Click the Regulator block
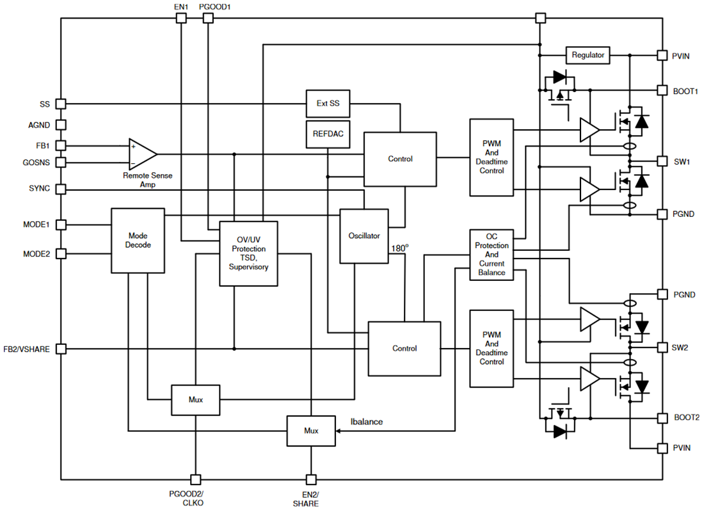pyautogui.click(x=588, y=55)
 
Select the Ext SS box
pyautogui.click(x=328, y=103)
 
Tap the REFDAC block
pyautogui.click(x=328, y=134)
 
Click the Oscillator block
pyautogui.click(x=364, y=235)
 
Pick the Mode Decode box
pyautogui.click(x=138, y=241)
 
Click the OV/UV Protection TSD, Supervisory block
pyautogui.click(x=248, y=253)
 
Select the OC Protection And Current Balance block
pyautogui.click(x=492, y=254)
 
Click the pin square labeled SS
pyautogui.click(x=61, y=104)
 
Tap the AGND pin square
pyautogui.click(x=61, y=125)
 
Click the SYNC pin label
pyautogui.click(x=39, y=189)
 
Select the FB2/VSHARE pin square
pyautogui.click(x=61, y=349)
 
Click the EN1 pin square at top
pyautogui.click(x=181, y=19)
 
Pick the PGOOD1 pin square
pyautogui.click(x=207, y=19)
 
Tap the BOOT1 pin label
pyautogui.click(x=685, y=92)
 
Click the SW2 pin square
pyautogui.click(x=662, y=347)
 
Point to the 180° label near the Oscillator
pyautogui.click(x=399, y=248)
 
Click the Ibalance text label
pyautogui.click(x=367, y=422)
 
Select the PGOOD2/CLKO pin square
pyautogui.click(x=195, y=479)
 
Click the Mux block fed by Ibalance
pyautogui.click(x=311, y=431)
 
